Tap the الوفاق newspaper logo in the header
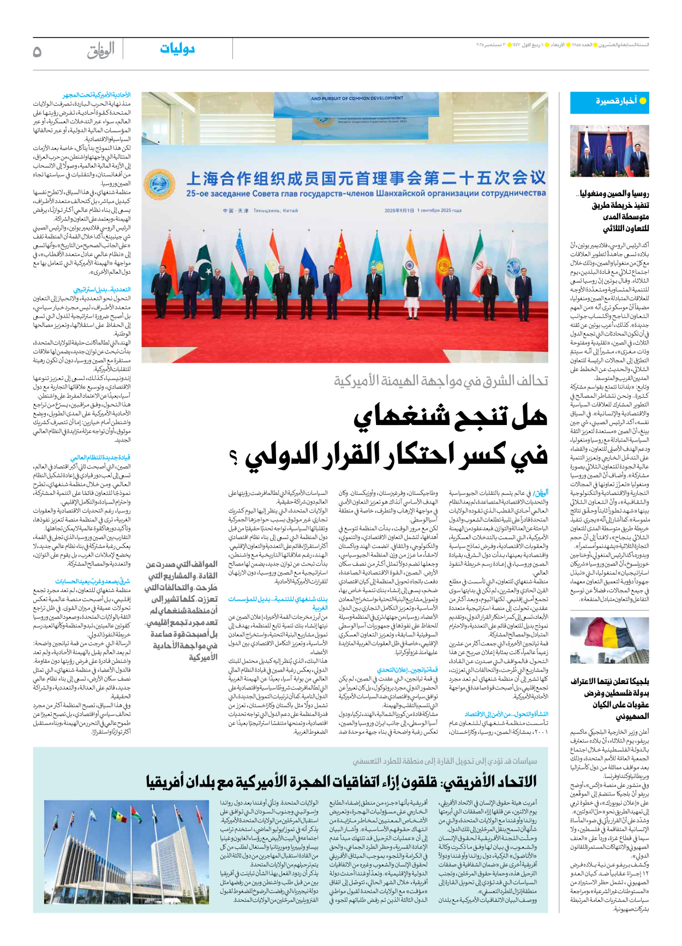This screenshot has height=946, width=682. pyautogui.click(x=101, y=51)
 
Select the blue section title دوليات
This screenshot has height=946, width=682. pyautogui.click(x=177, y=49)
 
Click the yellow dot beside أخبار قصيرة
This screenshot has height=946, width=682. pyautogui.click(x=643, y=101)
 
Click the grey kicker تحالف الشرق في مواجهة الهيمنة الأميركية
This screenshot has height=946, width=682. pyautogui.click(x=441, y=381)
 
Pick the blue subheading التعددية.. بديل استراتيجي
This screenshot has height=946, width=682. pyautogui.click(x=102, y=290)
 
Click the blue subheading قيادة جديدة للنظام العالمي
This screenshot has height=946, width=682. pyautogui.click(x=100, y=458)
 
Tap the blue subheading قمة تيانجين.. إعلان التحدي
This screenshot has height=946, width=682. pyautogui.click(x=407, y=669)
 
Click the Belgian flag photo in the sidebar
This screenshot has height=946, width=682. pyautogui.click(x=609, y=640)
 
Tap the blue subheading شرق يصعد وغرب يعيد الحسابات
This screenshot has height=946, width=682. pyautogui.click(x=92, y=582)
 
